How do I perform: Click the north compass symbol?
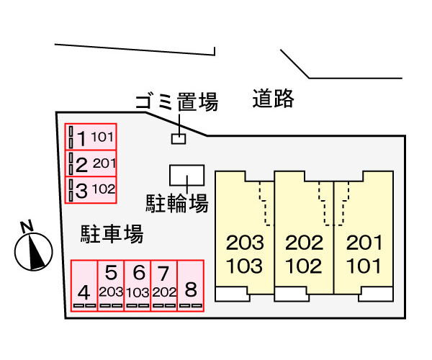tap(34, 251)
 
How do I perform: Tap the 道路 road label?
tap(273, 99)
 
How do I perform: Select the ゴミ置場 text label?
tap(176, 102)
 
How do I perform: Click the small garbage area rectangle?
tap(179, 139)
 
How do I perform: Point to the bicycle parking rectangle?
tap(186, 176)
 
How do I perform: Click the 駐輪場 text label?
tap(177, 203)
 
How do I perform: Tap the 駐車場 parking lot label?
tap(112, 234)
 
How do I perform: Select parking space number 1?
tap(91, 137)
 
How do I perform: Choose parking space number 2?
tap(91, 163)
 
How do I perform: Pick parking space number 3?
tap(91, 190)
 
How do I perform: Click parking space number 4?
tap(84, 285)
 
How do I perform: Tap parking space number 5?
tap(111, 285)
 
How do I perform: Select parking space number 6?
tap(138, 285)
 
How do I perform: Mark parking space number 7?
tap(164, 285)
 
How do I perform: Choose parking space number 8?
tap(190, 285)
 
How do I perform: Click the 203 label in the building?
tap(245, 243)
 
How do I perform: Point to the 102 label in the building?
tap(304, 266)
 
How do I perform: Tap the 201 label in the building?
tap(364, 243)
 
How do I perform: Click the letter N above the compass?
tap(27, 226)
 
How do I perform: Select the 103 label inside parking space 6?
tap(138, 292)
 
